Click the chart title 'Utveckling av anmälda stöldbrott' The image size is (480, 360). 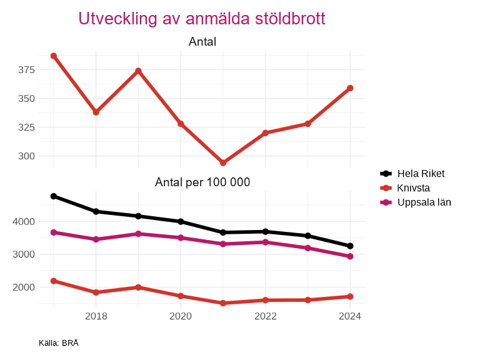point(201,19)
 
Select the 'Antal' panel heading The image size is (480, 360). point(202,42)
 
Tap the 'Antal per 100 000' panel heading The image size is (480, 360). point(202,182)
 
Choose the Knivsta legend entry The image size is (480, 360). point(413,188)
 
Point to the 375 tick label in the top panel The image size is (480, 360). point(26,69)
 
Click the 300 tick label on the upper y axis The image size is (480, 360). point(26,156)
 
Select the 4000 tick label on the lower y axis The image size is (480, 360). point(24,221)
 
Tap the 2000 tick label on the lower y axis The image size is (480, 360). point(24,287)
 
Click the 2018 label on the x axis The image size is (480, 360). point(96,316)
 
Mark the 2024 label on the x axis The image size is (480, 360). point(350,316)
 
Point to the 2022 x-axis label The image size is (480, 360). point(266,316)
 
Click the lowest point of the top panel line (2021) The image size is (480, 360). point(223,162)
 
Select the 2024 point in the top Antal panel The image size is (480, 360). point(350,88)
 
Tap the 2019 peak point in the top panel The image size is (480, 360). point(138,71)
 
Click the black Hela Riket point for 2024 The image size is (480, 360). point(350,246)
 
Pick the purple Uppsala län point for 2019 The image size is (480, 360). point(138,234)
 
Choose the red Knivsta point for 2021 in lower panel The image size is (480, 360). point(223,303)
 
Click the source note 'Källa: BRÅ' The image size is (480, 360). point(59,343)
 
